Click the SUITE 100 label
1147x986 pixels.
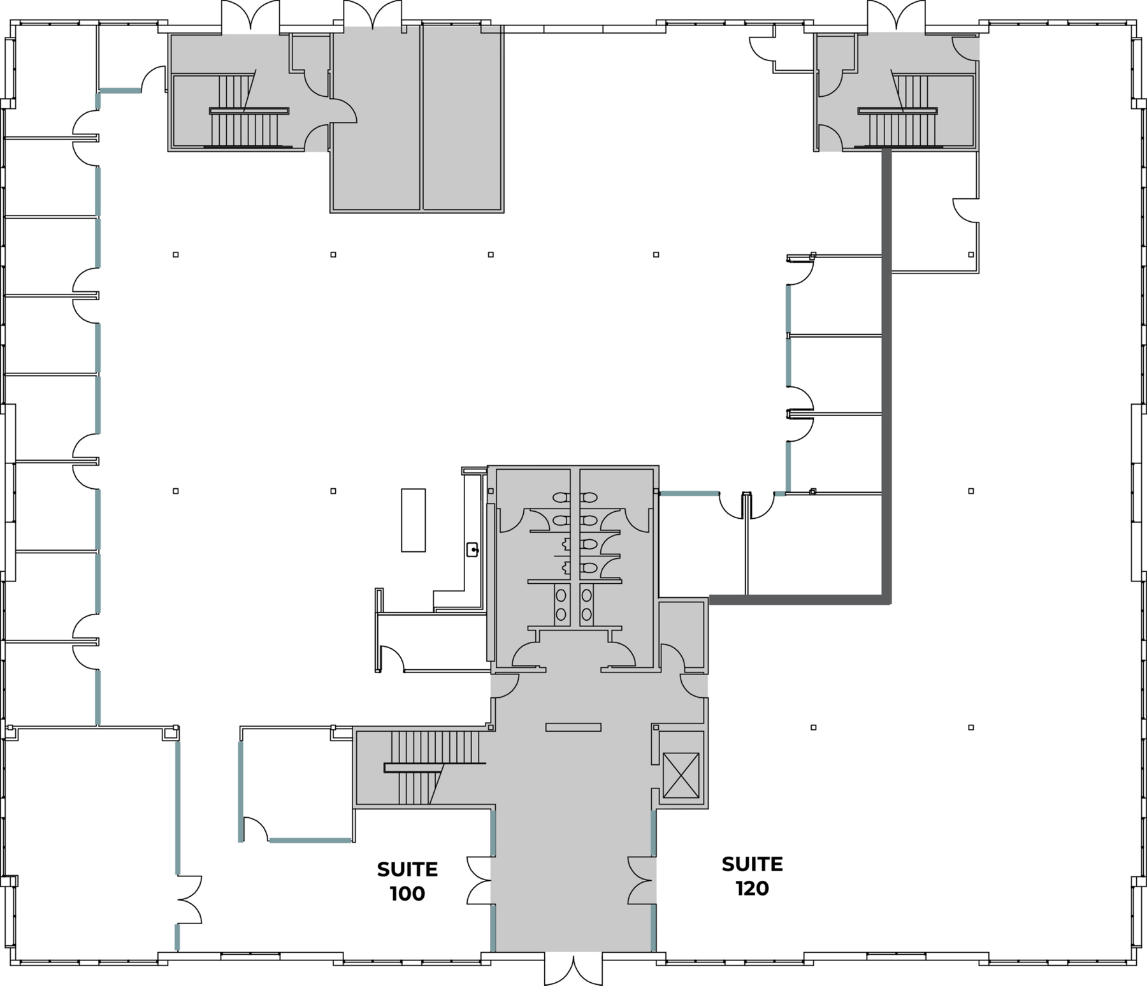coord(407,881)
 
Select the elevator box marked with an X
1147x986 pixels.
coord(681,775)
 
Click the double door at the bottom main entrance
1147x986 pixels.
coord(573,968)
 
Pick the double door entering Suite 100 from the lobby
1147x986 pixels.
coord(479,880)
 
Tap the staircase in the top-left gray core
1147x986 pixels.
coord(249,111)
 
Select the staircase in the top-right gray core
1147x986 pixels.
coord(898,111)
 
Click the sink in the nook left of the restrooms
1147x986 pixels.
coord(472,549)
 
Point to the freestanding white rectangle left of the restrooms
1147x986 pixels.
coord(413,520)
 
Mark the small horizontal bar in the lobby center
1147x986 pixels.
coord(573,727)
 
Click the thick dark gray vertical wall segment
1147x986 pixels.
coord(886,376)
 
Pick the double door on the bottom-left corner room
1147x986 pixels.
coord(190,899)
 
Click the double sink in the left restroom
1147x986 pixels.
coord(561,604)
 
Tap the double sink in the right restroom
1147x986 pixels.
coord(586,604)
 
